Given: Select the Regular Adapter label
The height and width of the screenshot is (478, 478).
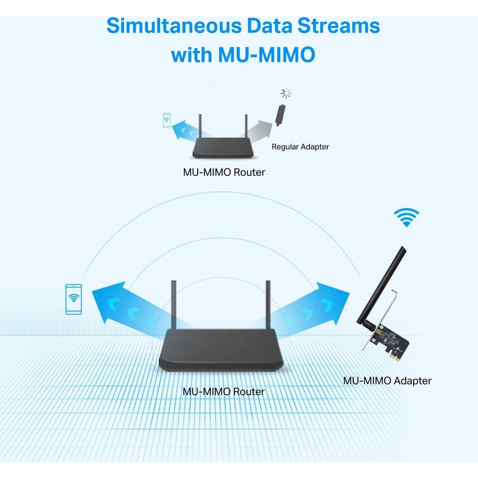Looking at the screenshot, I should pos(300,147).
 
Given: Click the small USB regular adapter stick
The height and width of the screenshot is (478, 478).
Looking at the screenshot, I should pos(280,115).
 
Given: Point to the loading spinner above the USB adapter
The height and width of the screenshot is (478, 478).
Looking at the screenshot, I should pos(286,94).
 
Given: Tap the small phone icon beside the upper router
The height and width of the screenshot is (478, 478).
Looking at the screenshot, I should pos(167,120).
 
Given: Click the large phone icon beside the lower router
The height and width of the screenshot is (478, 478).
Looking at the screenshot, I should pos(74,299).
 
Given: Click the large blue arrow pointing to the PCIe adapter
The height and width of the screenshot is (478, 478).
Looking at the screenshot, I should pos(311,302).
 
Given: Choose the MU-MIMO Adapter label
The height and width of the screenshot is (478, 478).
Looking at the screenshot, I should pos(387,381).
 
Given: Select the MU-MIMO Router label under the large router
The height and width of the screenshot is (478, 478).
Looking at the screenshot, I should pos(224,391).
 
